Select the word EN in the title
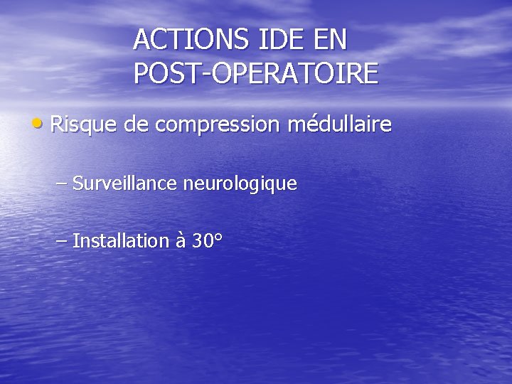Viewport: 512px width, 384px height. [329, 40]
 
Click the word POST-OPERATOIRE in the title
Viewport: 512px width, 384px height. [256, 74]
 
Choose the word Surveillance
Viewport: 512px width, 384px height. [125, 183]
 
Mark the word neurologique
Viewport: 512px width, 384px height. [240, 184]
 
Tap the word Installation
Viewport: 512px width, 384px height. [120, 240]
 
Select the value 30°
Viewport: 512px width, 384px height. [208, 240]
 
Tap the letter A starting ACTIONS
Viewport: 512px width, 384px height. [142, 40]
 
